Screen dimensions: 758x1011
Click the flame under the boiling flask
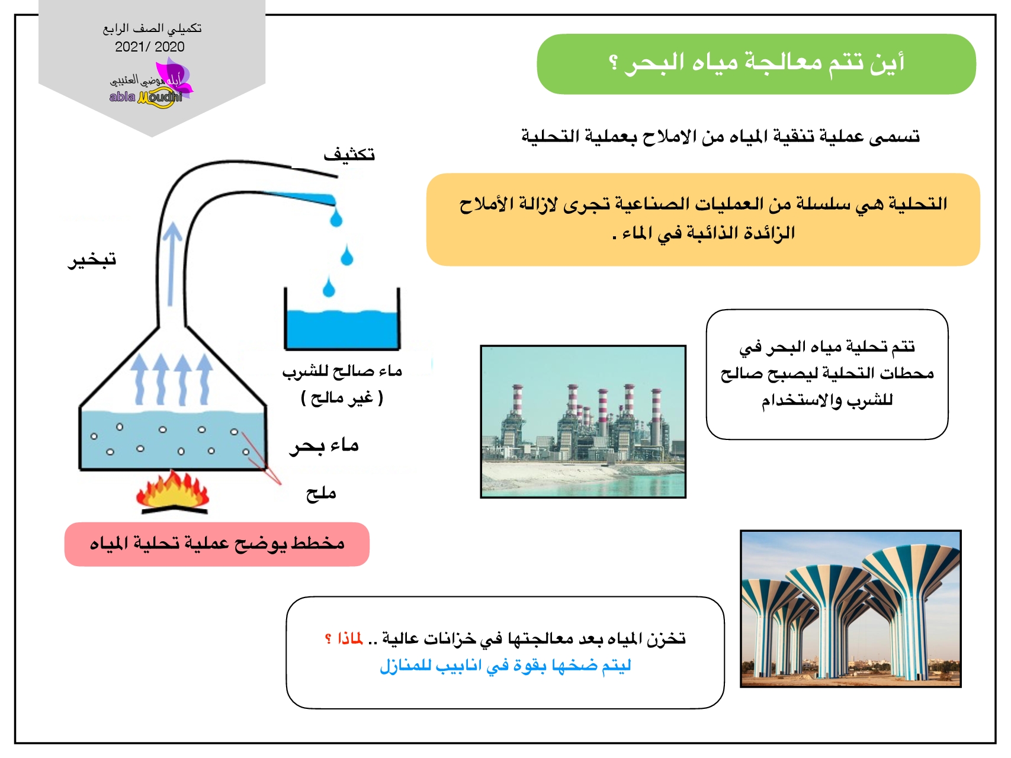pyautogui.click(x=172, y=490)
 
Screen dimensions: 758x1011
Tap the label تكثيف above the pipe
pyautogui.click(x=349, y=155)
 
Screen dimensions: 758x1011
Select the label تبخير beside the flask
pyautogui.click(x=92, y=259)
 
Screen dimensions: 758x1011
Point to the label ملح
pyautogui.click(x=321, y=493)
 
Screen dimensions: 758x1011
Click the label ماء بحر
pyautogui.click(x=324, y=445)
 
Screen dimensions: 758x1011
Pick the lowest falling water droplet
pyautogui.click(x=329, y=288)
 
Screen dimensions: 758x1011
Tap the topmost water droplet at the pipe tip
pyautogui.click(x=336, y=218)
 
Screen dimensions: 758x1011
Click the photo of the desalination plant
pyautogui.click(x=583, y=422)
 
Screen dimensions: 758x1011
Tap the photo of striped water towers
pyautogui.click(x=850, y=609)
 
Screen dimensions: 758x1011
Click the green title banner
pyautogui.click(x=756, y=64)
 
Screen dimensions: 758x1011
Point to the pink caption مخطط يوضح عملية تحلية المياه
pyautogui.click(x=217, y=544)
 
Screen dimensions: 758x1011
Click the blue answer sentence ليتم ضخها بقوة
pyautogui.click(x=505, y=666)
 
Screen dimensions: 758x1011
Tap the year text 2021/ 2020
pyautogui.click(x=150, y=47)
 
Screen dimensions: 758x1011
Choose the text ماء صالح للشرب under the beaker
pyautogui.click(x=342, y=371)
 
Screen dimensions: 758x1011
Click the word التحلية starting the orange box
pyautogui.click(x=917, y=204)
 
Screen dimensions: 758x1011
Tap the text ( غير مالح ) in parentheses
pyautogui.click(x=342, y=398)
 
